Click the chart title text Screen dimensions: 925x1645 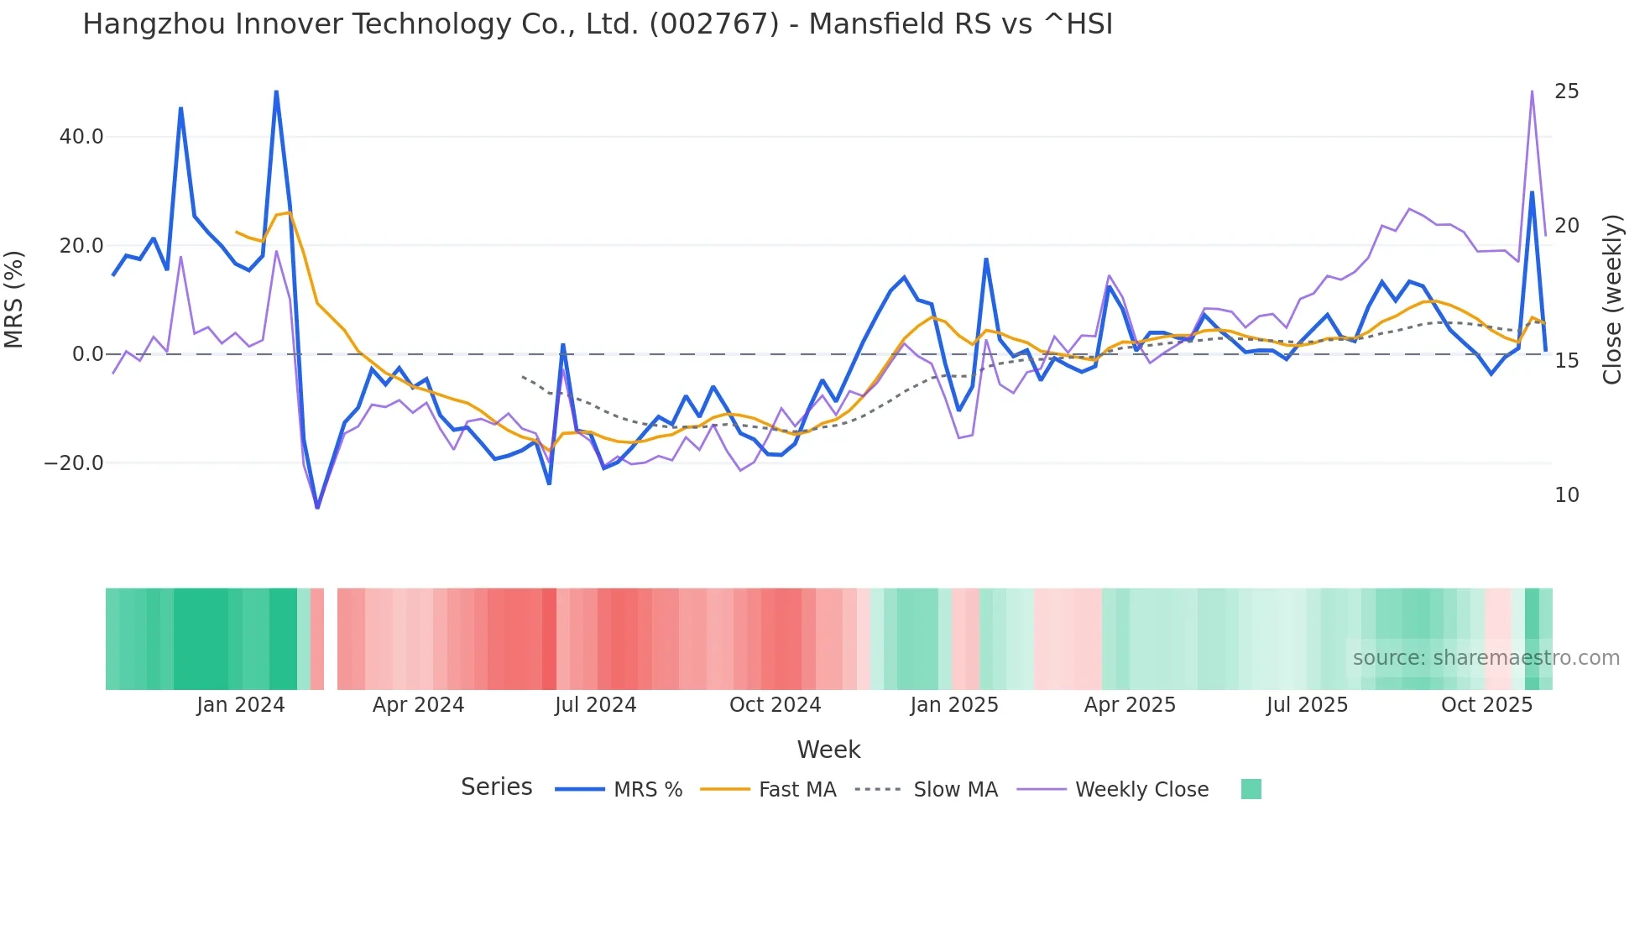pyautogui.click(x=598, y=24)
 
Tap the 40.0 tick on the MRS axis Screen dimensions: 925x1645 pyautogui.click(x=81, y=137)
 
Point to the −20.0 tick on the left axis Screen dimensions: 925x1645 pyautogui.click(x=74, y=463)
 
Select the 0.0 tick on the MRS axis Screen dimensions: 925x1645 pyautogui.click(x=87, y=354)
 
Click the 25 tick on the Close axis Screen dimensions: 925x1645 pyautogui.click(x=1566, y=91)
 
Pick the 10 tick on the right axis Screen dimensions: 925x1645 pyautogui.click(x=1566, y=495)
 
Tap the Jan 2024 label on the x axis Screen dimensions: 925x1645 pyautogui.click(x=241, y=705)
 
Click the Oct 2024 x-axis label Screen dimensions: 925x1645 pyautogui.click(x=775, y=705)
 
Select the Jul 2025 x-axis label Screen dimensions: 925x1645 pyautogui.click(x=1307, y=705)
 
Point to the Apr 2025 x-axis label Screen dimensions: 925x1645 pyautogui.click(x=1130, y=705)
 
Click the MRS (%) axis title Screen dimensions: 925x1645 pyautogui.click(x=14, y=300)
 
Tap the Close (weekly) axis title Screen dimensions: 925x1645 pyautogui.click(x=1611, y=300)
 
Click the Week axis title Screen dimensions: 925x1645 pyautogui.click(x=828, y=750)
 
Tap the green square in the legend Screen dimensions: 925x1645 pyautogui.click(x=1251, y=789)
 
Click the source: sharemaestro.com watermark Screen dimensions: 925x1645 pyautogui.click(x=1486, y=658)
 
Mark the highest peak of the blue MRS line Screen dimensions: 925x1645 pyautogui.click(x=276, y=91)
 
